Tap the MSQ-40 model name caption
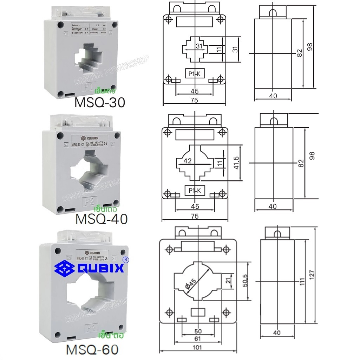click(x=102, y=219)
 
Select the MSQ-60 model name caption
click(x=92, y=350)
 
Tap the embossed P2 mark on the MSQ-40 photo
click(x=87, y=201)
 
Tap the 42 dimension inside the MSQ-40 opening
click(x=188, y=161)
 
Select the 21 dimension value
click(x=228, y=281)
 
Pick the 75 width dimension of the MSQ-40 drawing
click(x=194, y=217)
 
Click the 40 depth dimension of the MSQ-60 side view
click(x=277, y=333)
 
